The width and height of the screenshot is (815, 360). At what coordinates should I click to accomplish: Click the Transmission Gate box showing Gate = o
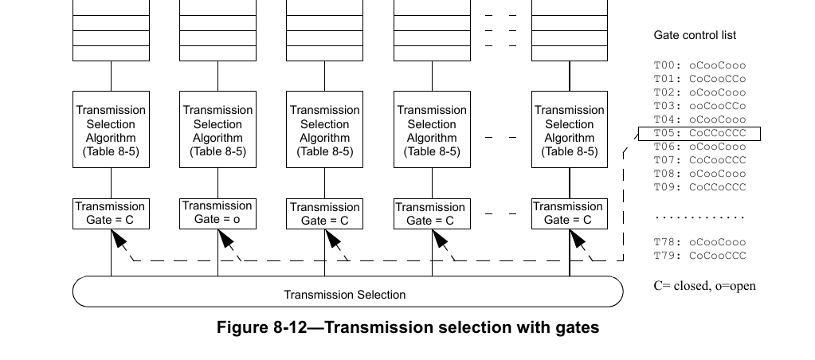217,213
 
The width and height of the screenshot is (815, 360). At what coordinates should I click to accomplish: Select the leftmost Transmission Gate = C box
110,213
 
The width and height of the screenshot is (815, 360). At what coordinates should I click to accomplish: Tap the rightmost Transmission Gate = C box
569,213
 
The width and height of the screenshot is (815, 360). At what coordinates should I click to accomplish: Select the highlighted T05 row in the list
699,133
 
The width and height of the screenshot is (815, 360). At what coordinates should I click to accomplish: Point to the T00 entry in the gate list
699,65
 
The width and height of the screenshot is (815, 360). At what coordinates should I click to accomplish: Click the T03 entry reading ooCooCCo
699,106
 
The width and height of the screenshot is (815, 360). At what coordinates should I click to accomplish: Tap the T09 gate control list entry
699,187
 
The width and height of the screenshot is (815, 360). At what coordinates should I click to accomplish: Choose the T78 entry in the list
699,241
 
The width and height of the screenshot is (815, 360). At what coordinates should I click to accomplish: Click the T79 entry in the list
699,255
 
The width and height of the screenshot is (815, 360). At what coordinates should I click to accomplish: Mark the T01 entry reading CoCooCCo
699,79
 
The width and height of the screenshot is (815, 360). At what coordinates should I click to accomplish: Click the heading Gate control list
695,35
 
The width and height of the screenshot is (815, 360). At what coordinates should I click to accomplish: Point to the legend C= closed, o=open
704,286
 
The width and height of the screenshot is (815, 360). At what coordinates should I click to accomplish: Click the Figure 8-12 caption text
407,327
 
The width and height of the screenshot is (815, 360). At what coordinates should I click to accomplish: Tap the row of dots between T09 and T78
699,217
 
